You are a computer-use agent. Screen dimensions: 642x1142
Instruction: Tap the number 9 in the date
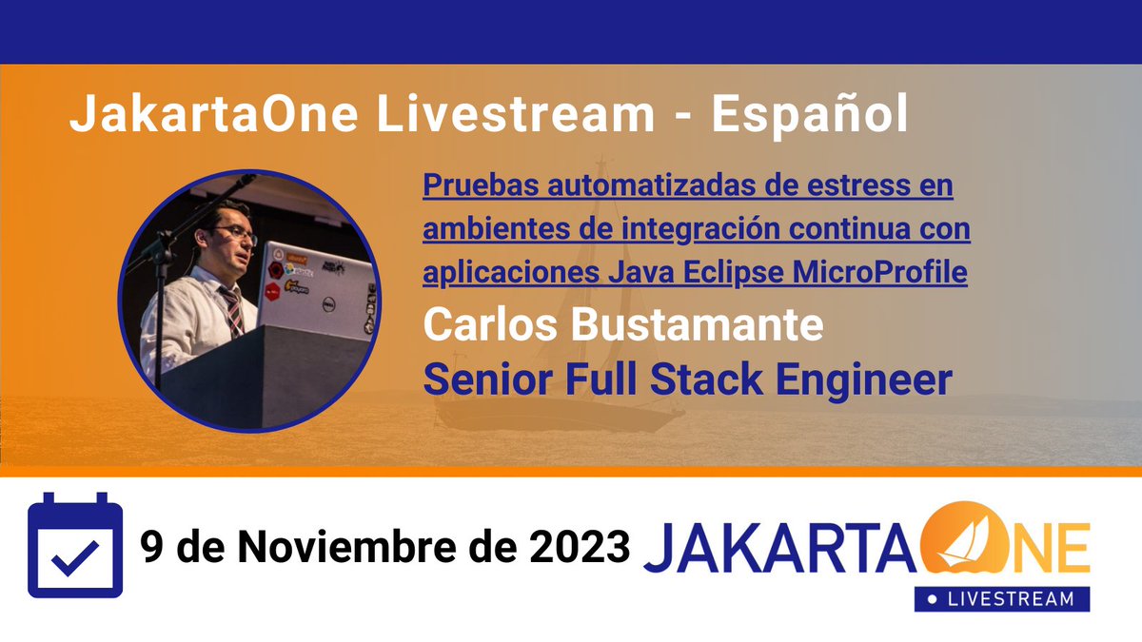point(151,547)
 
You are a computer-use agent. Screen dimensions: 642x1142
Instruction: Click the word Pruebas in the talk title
point(465,185)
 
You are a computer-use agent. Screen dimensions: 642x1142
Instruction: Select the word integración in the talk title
point(701,229)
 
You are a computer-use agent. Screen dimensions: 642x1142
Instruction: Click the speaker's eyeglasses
point(235,231)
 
